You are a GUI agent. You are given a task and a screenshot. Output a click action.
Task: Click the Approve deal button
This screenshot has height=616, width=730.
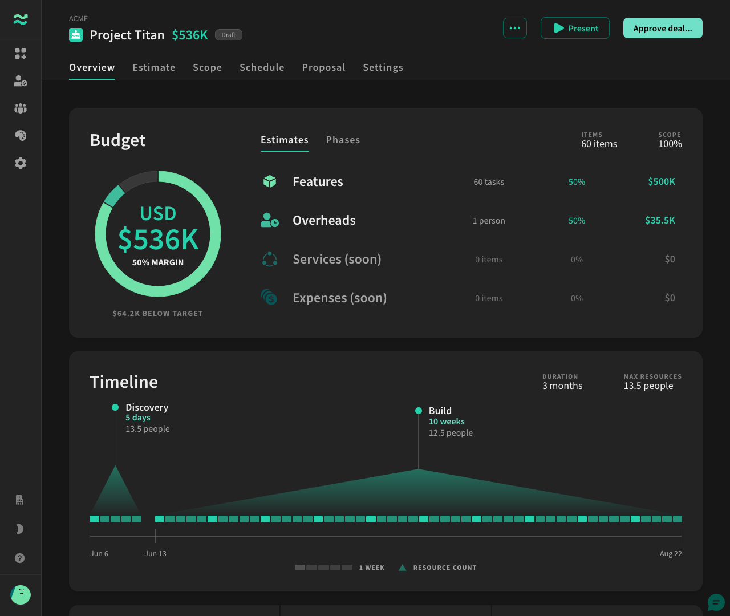tap(663, 28)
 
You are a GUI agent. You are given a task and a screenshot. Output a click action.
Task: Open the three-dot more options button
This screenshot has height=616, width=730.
tap(514, 28)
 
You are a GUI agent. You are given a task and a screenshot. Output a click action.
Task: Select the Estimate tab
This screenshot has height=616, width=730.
tap(154, 67)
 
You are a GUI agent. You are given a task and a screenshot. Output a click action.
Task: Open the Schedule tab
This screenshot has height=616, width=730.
tap(262, 67)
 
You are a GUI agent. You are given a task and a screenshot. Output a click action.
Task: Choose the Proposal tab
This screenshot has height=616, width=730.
tap(324, 67)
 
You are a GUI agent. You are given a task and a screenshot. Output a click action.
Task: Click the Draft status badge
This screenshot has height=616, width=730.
tap(228, 35)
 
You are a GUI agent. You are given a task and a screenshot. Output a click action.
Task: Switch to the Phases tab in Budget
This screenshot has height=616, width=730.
tap(343, 140)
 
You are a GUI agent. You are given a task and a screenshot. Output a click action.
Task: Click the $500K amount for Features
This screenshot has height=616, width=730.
tap(662, 181)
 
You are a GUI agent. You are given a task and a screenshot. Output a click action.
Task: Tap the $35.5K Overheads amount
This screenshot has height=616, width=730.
tap(660, 220)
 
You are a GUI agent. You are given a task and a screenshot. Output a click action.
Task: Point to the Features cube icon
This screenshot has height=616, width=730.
tap(270, 181)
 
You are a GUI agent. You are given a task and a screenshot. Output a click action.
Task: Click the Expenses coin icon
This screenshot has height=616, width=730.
tap(269, 298)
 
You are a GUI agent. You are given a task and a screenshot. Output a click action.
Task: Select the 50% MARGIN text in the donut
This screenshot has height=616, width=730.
tap(157, 262)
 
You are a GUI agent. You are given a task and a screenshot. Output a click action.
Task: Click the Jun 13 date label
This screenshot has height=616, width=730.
tap(156, 553)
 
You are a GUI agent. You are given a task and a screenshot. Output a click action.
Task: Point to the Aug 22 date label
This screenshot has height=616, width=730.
tap(671, 553)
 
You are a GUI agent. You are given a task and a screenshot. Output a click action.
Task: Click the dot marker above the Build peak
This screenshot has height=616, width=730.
tap(418, 411)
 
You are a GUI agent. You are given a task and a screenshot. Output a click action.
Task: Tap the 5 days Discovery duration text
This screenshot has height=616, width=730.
tap(138, 418)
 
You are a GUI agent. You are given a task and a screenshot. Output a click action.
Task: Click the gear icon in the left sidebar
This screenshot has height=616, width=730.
tap(21, 163)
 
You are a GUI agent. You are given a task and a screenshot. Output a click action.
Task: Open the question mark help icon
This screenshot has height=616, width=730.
tap(19, 558)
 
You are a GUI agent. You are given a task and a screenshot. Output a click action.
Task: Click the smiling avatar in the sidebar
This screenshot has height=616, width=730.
tap(21, 595)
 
